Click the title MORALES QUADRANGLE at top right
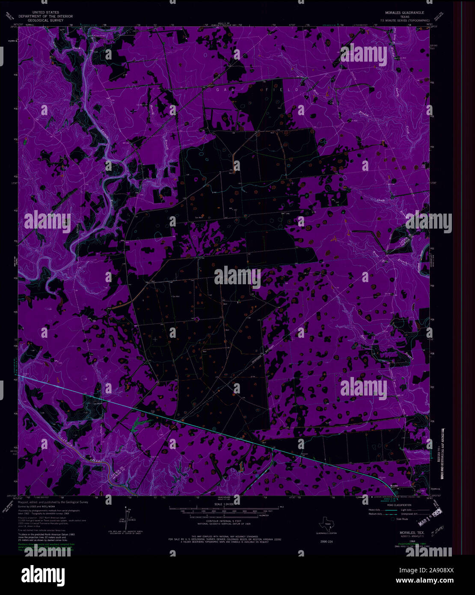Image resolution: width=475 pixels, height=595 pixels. tap(404, 13)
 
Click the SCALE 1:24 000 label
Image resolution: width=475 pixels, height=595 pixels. tap(223, 505)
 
